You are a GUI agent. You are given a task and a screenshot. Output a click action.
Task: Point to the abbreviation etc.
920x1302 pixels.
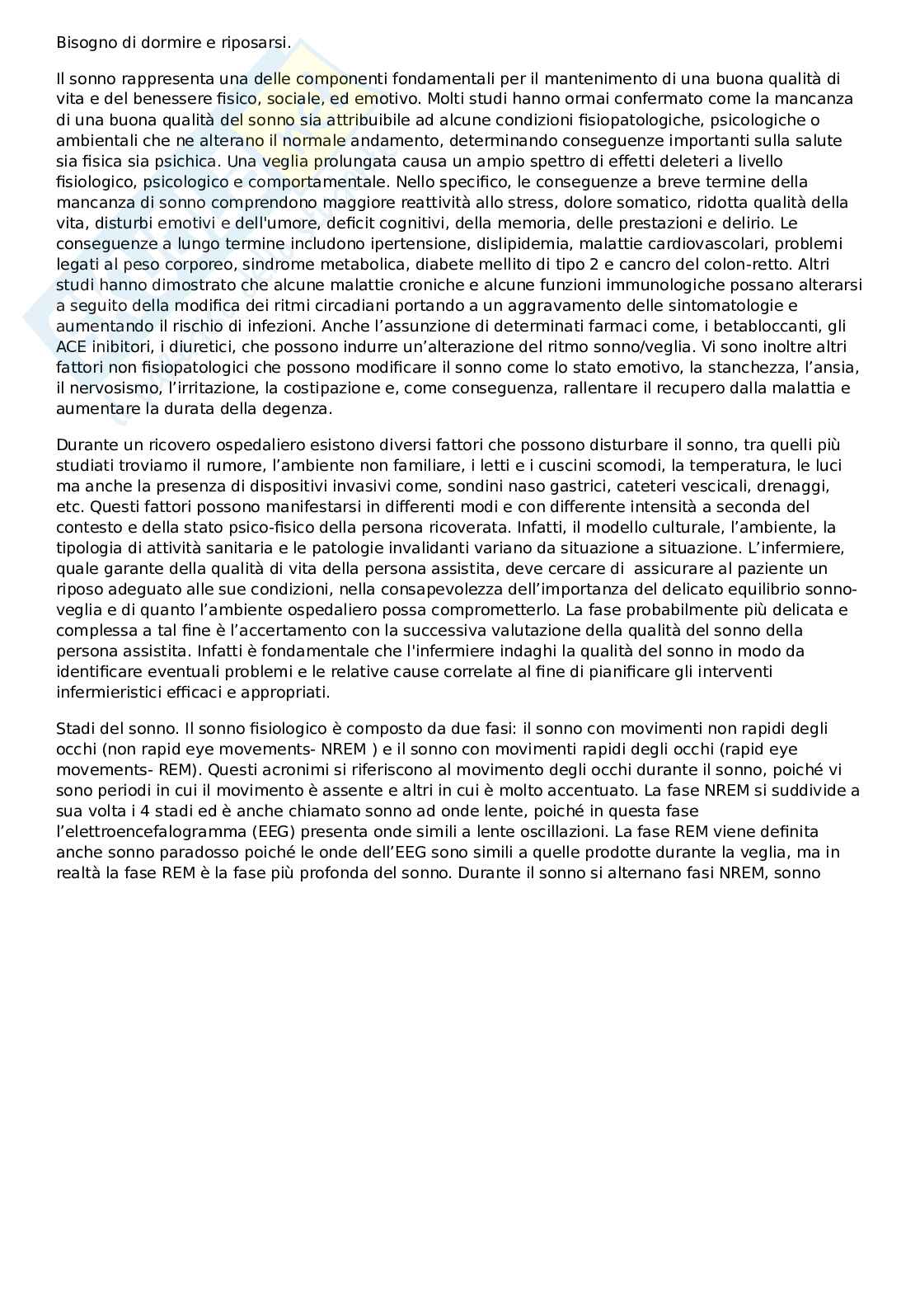click(68, 506)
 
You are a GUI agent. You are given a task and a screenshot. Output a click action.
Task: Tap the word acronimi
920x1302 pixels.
click(293, 769)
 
